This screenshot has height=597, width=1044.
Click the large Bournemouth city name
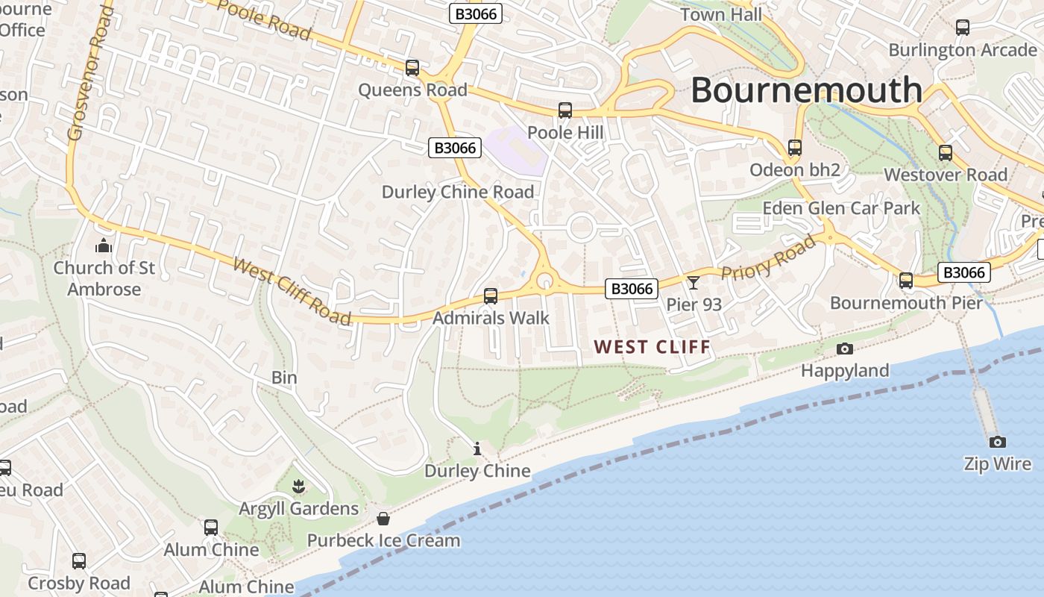click(806, 90)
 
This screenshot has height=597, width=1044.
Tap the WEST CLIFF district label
click(652, 347)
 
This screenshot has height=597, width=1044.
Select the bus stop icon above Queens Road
click(412, 68)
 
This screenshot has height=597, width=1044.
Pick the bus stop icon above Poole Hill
click(565, 110)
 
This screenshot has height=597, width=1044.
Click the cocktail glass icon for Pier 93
click(694, 282)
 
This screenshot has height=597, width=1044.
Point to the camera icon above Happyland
click(845, 348)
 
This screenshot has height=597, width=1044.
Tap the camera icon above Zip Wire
click(997, 442)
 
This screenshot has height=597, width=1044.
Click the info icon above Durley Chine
click(477, 448)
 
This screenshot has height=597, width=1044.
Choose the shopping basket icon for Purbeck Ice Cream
click(383, 519)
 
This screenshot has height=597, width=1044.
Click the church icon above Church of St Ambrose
click(104, 246)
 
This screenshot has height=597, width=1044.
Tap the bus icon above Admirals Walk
click(491, 296)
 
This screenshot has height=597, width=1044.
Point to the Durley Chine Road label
click(458, 192)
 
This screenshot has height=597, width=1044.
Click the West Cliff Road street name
click(292, 291)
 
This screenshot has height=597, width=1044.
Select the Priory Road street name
click(769, 257)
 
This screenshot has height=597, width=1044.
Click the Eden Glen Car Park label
click(841, 208)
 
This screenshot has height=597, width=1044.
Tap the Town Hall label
click(721, 14)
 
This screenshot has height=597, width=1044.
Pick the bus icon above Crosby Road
click(79, 561)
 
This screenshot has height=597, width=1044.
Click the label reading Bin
click(284, 378)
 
